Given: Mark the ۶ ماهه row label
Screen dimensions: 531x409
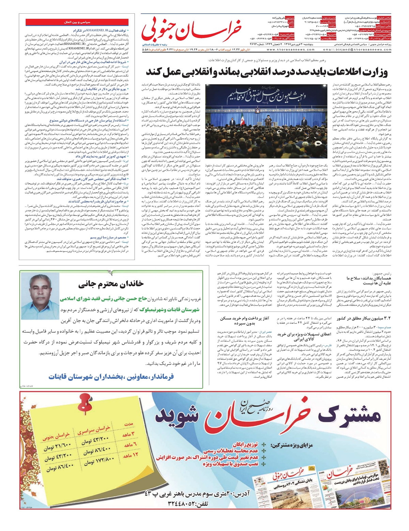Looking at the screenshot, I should click(130, 445).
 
